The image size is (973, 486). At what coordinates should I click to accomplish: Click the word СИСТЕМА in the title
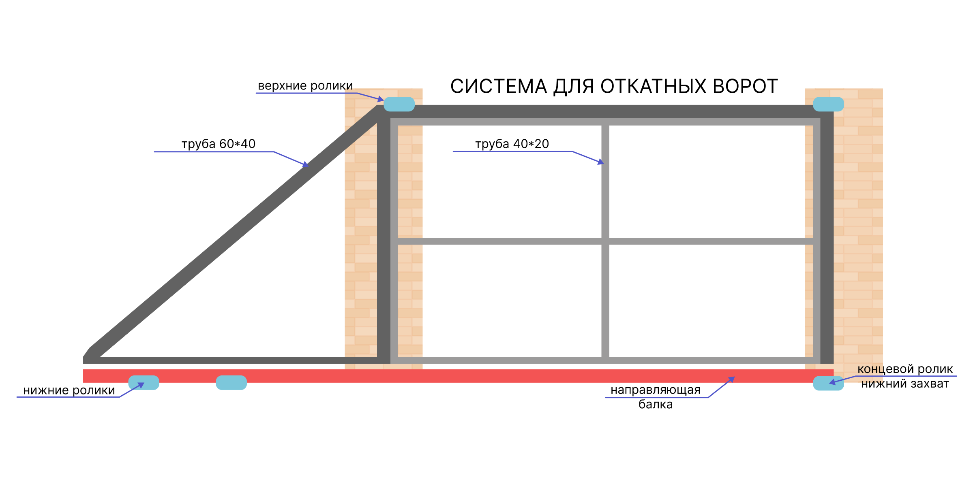499,86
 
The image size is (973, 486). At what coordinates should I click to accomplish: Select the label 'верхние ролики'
305,86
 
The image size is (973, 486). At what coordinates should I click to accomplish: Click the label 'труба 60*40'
219,144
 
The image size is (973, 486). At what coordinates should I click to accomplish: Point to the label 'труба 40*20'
512,144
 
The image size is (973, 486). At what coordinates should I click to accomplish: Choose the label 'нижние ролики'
69,390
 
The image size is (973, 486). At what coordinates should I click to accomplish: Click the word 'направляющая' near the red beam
656,390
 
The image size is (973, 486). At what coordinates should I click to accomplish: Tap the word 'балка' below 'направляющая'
656,404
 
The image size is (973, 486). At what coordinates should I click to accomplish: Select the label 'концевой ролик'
905,369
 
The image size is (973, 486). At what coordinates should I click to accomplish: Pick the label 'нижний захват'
905,384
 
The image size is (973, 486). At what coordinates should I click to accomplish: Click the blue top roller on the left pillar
399,104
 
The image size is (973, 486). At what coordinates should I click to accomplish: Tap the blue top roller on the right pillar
828,104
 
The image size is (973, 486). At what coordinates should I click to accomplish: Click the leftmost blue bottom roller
144,383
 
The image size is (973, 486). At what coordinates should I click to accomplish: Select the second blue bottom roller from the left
231,383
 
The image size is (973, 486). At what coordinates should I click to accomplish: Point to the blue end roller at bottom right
828,383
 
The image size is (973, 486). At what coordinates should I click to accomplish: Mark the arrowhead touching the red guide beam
731,379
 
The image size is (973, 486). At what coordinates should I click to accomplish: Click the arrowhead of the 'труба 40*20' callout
601,162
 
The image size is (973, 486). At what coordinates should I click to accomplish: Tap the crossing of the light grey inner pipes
605,241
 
